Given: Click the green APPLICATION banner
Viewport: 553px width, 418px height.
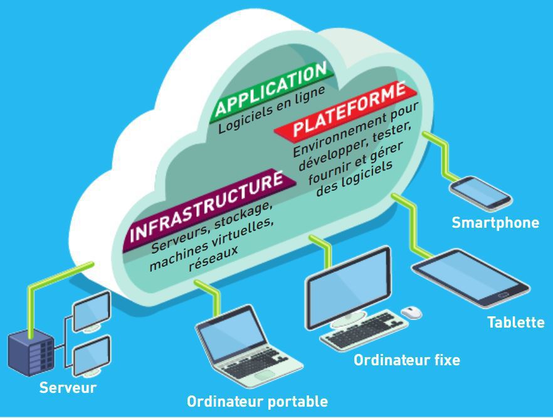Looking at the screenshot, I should point(271,90).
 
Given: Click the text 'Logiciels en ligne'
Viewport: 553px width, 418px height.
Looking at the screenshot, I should point(272,109).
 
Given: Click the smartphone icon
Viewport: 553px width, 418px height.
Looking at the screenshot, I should point(481,192).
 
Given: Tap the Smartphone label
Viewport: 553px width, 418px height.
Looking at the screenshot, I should point(495,222).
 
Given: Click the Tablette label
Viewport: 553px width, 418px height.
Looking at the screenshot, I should point(516,323).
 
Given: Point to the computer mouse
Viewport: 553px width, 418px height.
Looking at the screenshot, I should point(412,312).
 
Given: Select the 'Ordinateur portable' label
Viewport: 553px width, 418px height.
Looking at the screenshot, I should point(257,401).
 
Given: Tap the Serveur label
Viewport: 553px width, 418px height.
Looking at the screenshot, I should point(68,387).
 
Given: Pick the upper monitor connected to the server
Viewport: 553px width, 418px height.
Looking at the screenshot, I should point(92,309).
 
